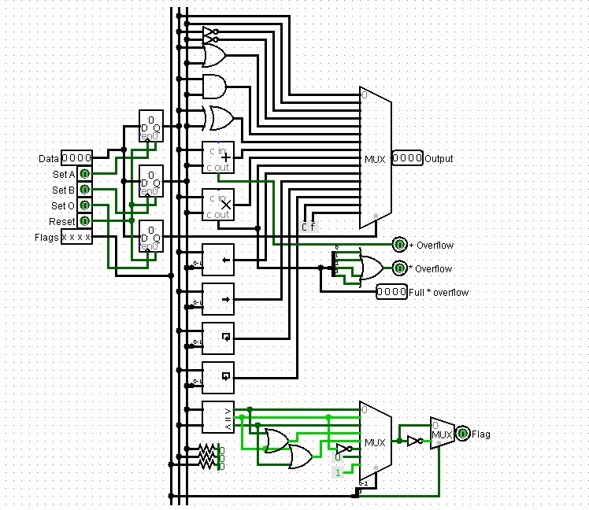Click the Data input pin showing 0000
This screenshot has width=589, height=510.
click(x=77, y=158)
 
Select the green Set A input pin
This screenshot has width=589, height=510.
click(x=84, y=174)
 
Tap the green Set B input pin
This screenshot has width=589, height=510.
click(x=84, y=190)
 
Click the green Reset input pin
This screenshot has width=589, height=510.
click(x=84, y=221)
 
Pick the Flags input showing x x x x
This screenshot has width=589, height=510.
click(x=76, y=237)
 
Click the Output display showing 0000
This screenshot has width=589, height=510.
click(x=407, y=158)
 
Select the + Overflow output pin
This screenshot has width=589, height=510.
click(x=399, y=245)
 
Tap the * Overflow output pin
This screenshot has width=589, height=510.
click(x=399, y=268)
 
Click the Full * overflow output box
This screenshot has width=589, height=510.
click(x=391, y=292)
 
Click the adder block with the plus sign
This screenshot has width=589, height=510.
click(x=218, y=157)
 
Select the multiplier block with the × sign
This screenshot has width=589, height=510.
click(x=218, y=205)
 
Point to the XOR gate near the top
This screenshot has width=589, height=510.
click(x=218, y=118)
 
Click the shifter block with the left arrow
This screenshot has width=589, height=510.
click(x=218, y=260)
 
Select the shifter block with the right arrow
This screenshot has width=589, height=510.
click(x=218, y=299)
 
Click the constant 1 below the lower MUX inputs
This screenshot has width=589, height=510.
click(x=338, y=472)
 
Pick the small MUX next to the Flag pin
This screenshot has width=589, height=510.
click(x=441, y=434)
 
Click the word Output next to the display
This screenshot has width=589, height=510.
click(x=439, y=158)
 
